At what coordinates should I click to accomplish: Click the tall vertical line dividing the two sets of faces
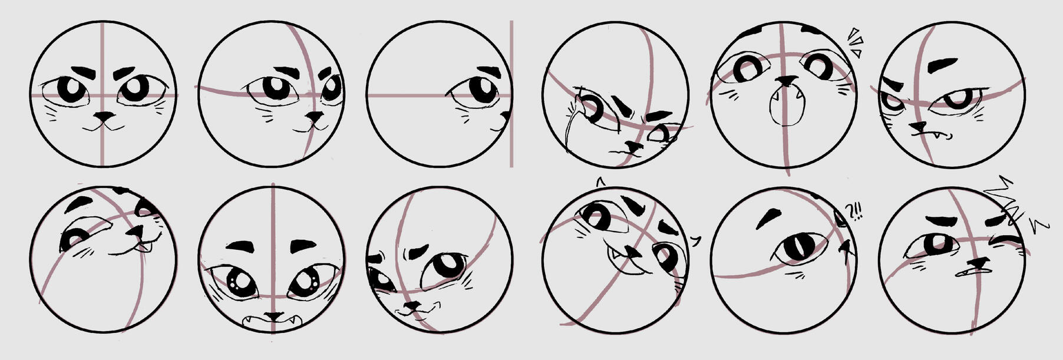(511, 94)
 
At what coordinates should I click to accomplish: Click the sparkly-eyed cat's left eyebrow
(240, 246)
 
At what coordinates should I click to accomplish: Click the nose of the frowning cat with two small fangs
(918, 127)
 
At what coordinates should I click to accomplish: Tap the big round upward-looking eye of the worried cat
(448, 265)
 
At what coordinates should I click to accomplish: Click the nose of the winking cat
(980, 262)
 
